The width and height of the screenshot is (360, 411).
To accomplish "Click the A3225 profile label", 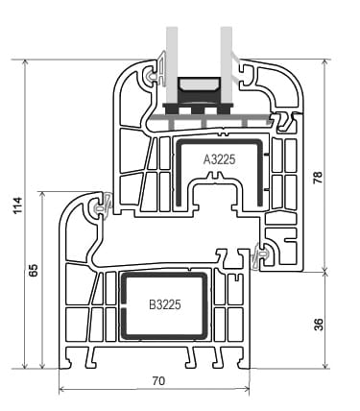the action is pos(219,159).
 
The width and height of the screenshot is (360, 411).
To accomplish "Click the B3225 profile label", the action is pos(165,304).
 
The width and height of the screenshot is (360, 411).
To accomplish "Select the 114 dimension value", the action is pos(17,205).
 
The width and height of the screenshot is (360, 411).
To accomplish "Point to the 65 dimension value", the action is pos(34,270).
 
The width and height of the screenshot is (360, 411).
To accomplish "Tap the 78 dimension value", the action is pos(318,177).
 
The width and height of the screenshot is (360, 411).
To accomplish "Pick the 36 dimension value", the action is pos(319,324).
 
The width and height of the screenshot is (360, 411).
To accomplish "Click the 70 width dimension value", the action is pos(158,381).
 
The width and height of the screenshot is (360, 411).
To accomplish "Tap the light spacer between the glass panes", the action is pos(199,85).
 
